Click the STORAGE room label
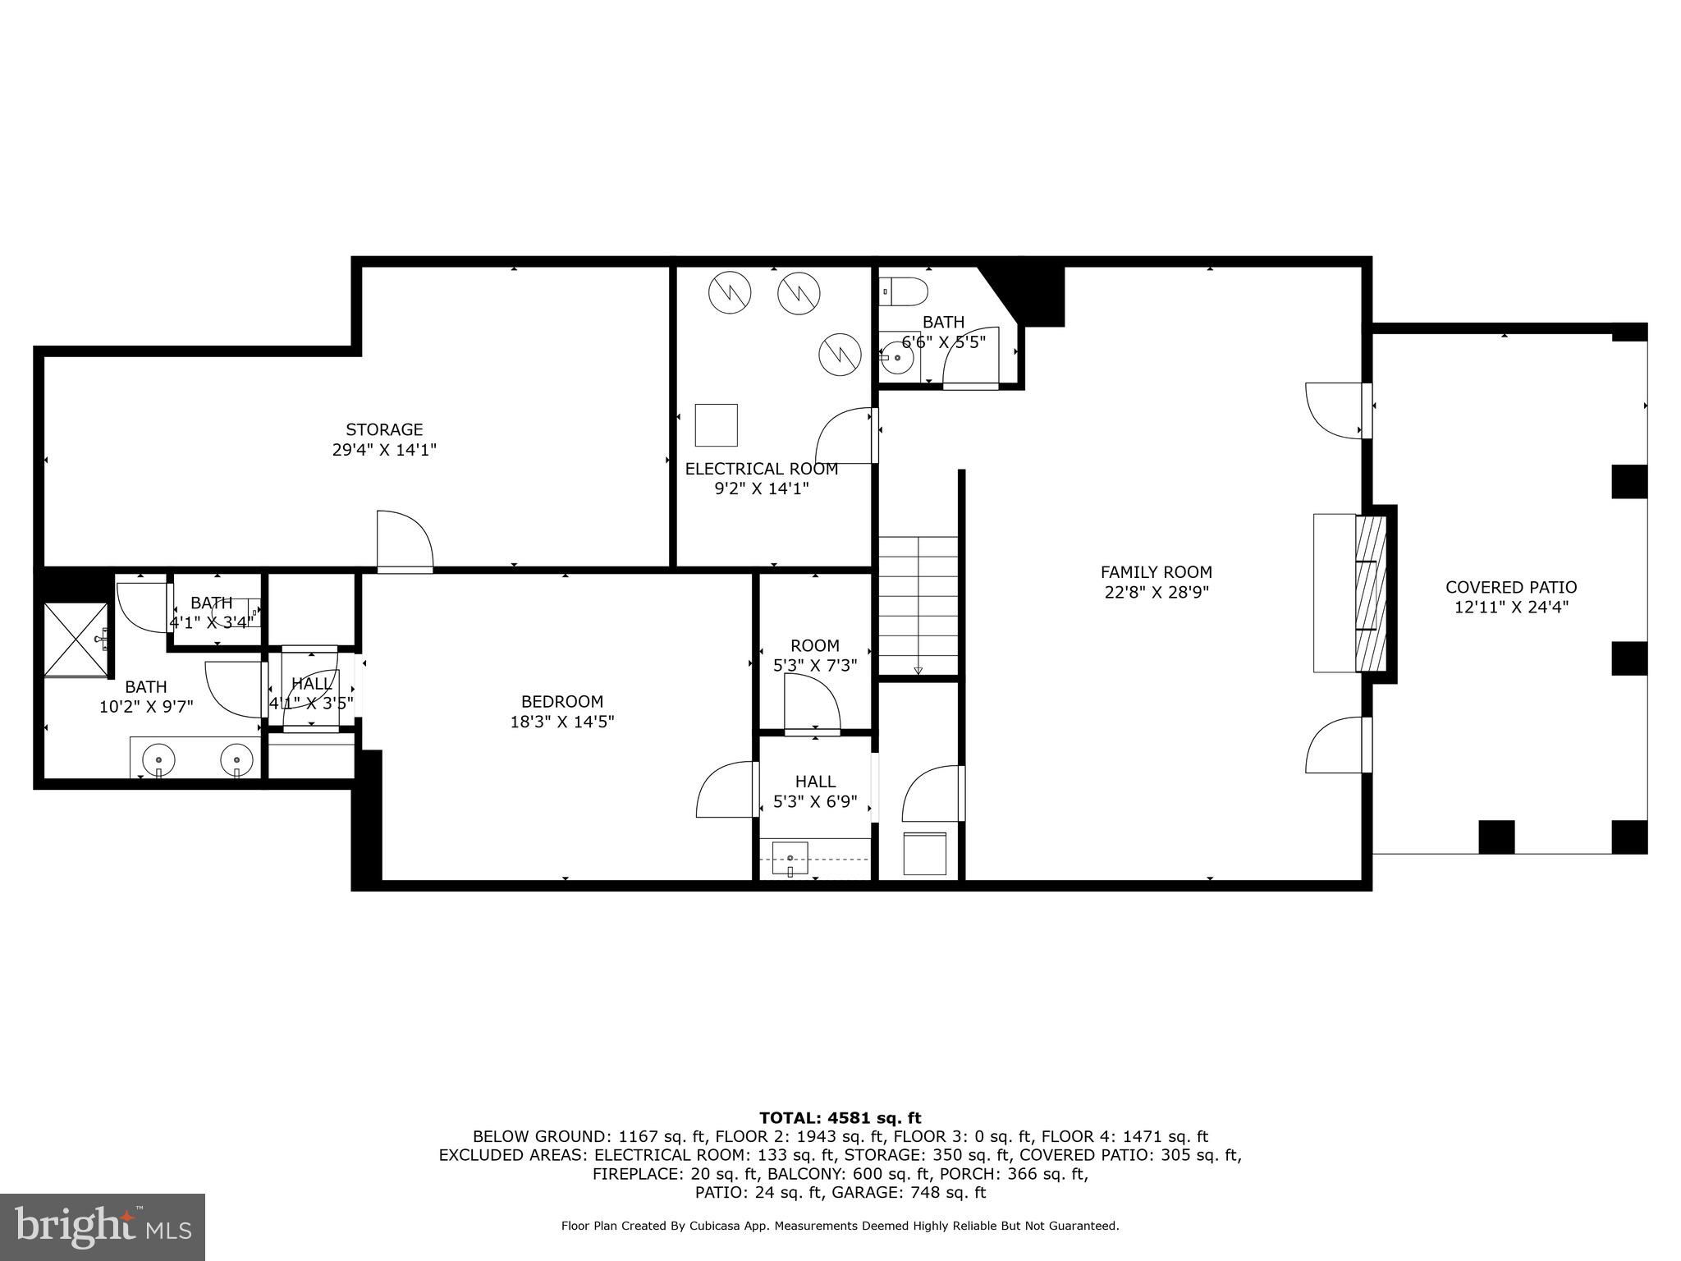tap(384, 429)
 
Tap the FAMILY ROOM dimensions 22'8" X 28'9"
tap(1156, 592)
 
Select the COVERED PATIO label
tap(1510, 587)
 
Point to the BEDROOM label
tap(561, 701)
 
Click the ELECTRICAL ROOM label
tap(761, 469)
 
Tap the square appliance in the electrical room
tap(716, 424)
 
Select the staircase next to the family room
tap(918, 606)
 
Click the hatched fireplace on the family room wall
tap(1369, 594)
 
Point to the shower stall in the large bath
tap(76, 640)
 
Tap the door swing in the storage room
tap(404, 539)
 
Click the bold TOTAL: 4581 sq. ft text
tap(840, 1117)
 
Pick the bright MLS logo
tap(103, 1227)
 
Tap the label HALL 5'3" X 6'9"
tap(815, 791)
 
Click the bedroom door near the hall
tap(726, 789)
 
